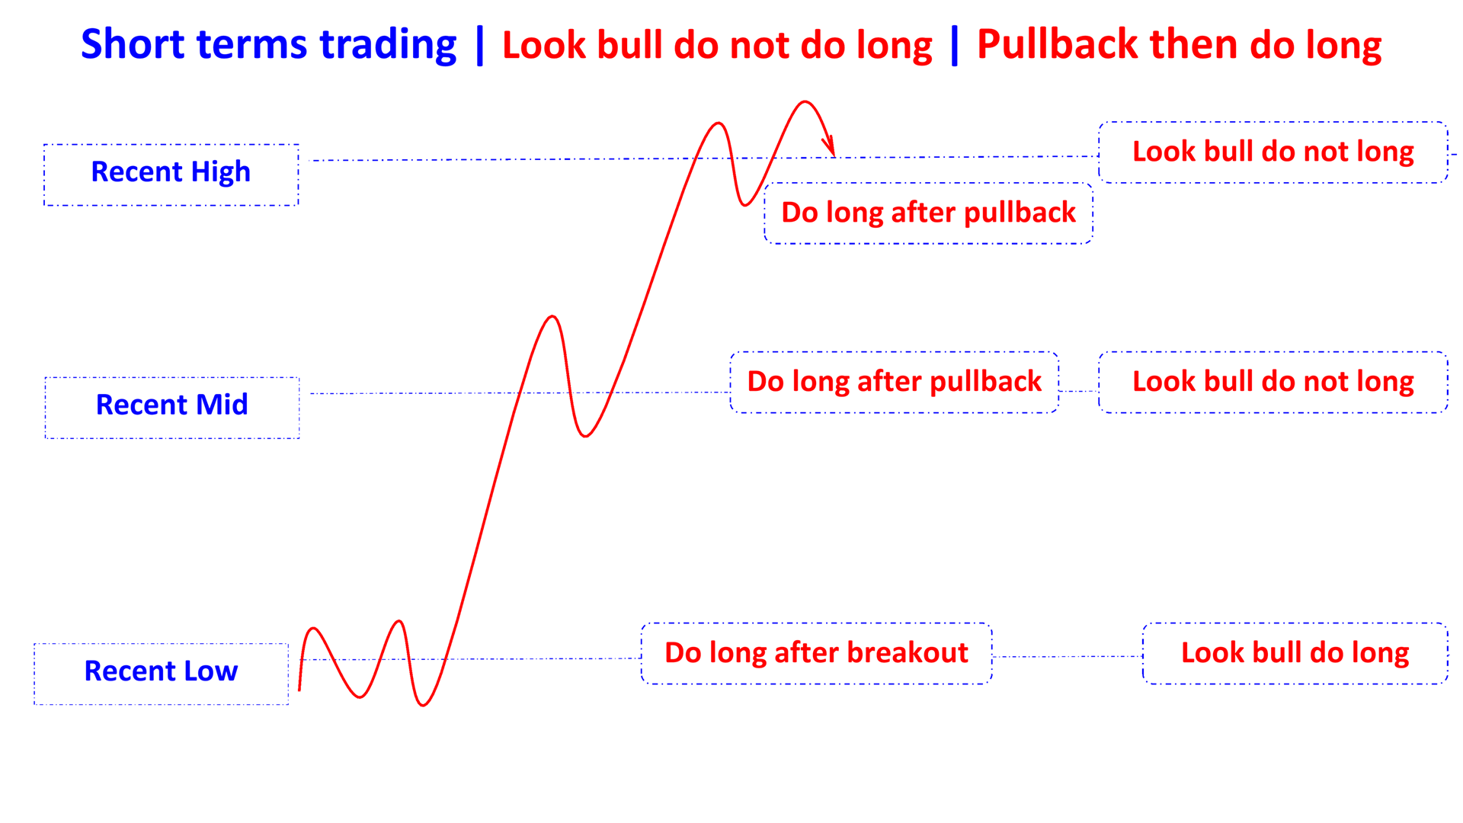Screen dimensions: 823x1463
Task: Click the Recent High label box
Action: point(171,175)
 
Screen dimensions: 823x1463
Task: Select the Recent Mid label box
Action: point(172,407)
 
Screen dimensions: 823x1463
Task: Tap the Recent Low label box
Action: point(161,674)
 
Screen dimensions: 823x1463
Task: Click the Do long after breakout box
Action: point(816,653)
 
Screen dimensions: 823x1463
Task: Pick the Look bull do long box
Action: point(1295,653)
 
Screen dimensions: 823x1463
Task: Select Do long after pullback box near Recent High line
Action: point(928,213)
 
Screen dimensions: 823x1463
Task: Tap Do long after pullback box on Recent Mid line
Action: point(894,382)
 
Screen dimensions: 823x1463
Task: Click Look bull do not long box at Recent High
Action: point(1273,152)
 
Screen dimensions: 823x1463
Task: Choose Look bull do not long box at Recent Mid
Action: point(1273,382)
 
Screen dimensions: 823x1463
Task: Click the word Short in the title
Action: point(133,44)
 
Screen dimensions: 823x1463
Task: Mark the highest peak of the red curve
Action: point(805,101)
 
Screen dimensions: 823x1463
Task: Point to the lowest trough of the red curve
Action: point(423,705)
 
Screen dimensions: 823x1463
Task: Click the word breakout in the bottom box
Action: point(907,653)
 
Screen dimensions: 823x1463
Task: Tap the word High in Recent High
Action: point(220,173)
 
